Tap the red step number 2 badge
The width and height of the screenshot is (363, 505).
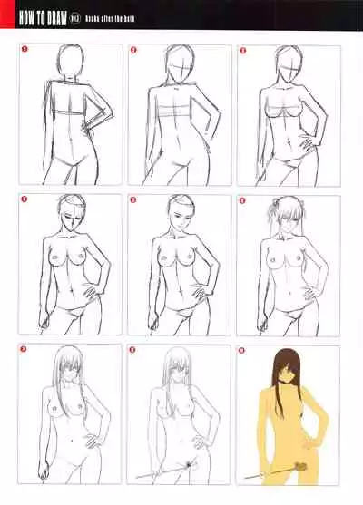tap(133, 51)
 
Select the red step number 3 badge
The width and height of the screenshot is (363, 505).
tap(242, 51)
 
